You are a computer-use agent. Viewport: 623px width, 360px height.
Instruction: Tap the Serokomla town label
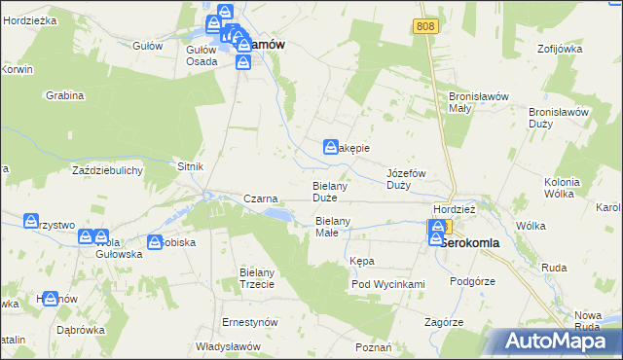[x=477, y=243]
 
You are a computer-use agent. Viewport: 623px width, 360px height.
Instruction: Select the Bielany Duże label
[x=330, y=191]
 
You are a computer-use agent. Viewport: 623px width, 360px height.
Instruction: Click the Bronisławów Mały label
[x=473, y=102]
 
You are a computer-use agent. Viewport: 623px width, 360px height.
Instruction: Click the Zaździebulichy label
[x=108, y=170]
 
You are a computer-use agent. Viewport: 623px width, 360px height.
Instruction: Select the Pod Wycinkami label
[x=388, y=284]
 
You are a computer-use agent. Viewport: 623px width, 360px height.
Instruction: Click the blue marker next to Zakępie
[x=330, y=146]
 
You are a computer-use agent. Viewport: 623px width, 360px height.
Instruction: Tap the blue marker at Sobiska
[x=155, y=241]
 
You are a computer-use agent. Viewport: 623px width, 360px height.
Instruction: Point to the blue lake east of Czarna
[x=276, y=213]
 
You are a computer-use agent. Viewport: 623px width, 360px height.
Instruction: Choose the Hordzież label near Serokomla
[x=454, y=209]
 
